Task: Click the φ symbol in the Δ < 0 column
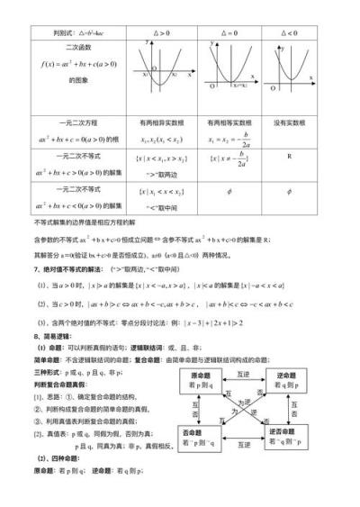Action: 288,191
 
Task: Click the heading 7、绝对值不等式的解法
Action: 77,268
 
